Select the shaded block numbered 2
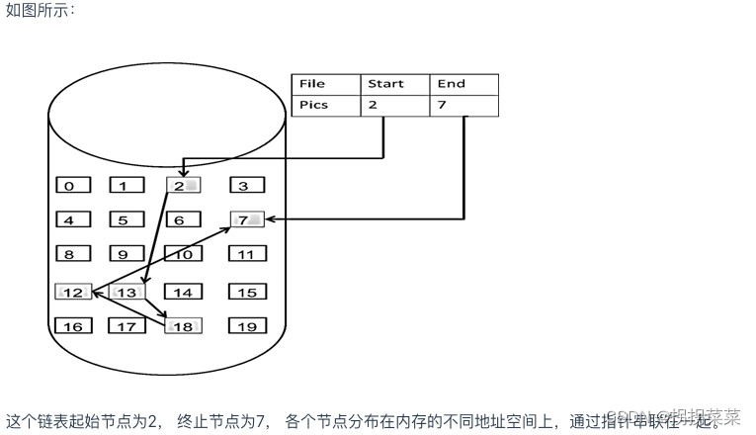183,185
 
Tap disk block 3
246,185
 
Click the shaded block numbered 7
246,219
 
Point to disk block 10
183,254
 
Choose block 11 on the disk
246,254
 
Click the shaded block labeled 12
74,292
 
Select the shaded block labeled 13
127,292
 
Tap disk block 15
246,292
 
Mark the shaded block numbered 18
183,326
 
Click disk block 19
246,326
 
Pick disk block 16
72,326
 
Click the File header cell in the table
325,84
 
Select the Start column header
394,84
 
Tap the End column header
463,84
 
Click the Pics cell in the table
325,105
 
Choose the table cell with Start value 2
394,105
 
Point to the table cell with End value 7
463,105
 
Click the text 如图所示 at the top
40,12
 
